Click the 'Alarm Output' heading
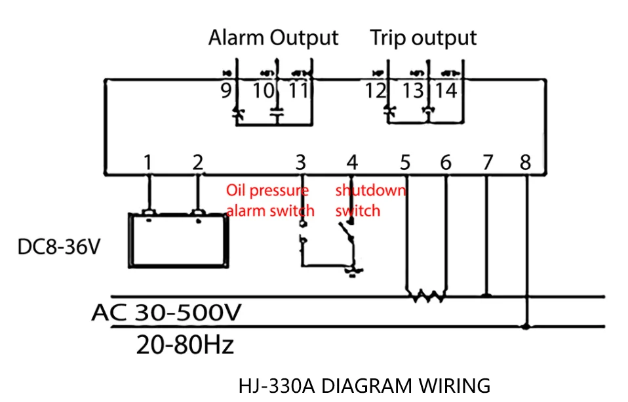click(273, 39)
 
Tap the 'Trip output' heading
click(423, 39)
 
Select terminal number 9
click(226, 91)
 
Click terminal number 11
click(298, 91)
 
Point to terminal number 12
click(375, 91)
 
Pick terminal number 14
click(446, 91)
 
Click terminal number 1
click(147, 163)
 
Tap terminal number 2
click(198, 163)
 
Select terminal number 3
click(301, 163)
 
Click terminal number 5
click(405, 163)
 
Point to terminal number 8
click(526, 163)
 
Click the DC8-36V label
click(59, 247)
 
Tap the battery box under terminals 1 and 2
click(178, 241)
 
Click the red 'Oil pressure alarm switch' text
click(270, 201)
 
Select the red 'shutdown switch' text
click(370, 201)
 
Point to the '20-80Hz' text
click(185, 345)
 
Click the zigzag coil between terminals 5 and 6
click(427, 296)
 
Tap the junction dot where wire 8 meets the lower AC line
click(526, 327)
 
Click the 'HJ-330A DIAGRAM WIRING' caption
click(364, 386)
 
